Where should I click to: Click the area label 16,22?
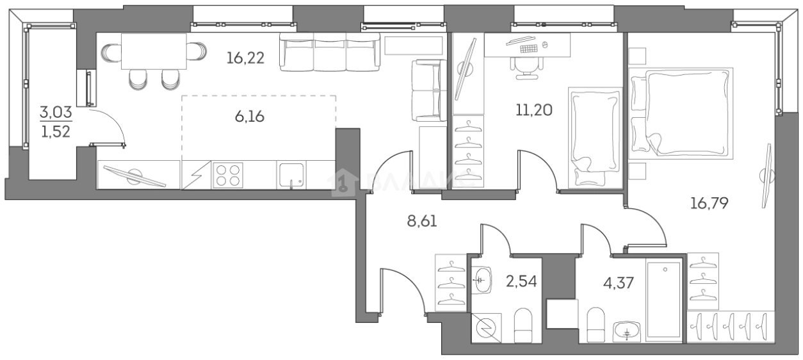pos(245,59)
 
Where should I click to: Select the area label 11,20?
pos(533,110)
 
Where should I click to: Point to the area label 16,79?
pos(710,204)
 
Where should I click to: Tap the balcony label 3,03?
pos(56,113)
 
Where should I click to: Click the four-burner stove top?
pos(228,175)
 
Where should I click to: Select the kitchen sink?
pos(292,175)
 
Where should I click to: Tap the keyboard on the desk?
pos(529,48)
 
